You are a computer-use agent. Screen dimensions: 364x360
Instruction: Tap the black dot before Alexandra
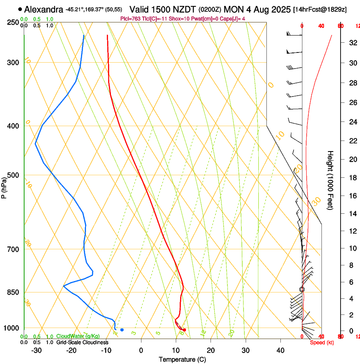(x=20, y=9)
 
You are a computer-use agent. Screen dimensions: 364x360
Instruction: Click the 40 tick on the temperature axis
(x=280, y=350)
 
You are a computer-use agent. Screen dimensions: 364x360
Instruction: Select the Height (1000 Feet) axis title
(x=330, y=180)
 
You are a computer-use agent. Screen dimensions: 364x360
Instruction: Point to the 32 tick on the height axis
(x=352, y=42)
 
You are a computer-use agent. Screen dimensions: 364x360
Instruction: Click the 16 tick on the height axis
(x=352, y=196)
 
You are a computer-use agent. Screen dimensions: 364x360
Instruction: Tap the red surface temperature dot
(x=184, y=330)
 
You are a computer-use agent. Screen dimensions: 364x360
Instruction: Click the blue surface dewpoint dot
(x=122, y=330)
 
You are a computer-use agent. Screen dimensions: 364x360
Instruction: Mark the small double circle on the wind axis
(x=302, y=290)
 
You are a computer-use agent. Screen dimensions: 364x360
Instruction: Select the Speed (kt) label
(x=321, y=342)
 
